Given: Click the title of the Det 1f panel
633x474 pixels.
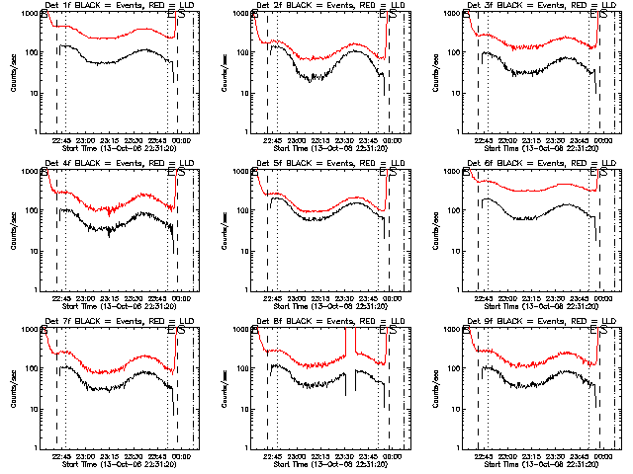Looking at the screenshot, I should point(114,6).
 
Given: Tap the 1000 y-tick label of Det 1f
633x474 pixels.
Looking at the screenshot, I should point(32,15).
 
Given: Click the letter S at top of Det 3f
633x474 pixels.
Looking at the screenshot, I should point(603,16).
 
